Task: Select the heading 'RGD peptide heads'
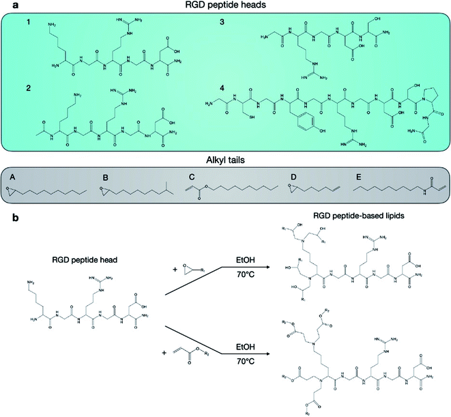point(225,6)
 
